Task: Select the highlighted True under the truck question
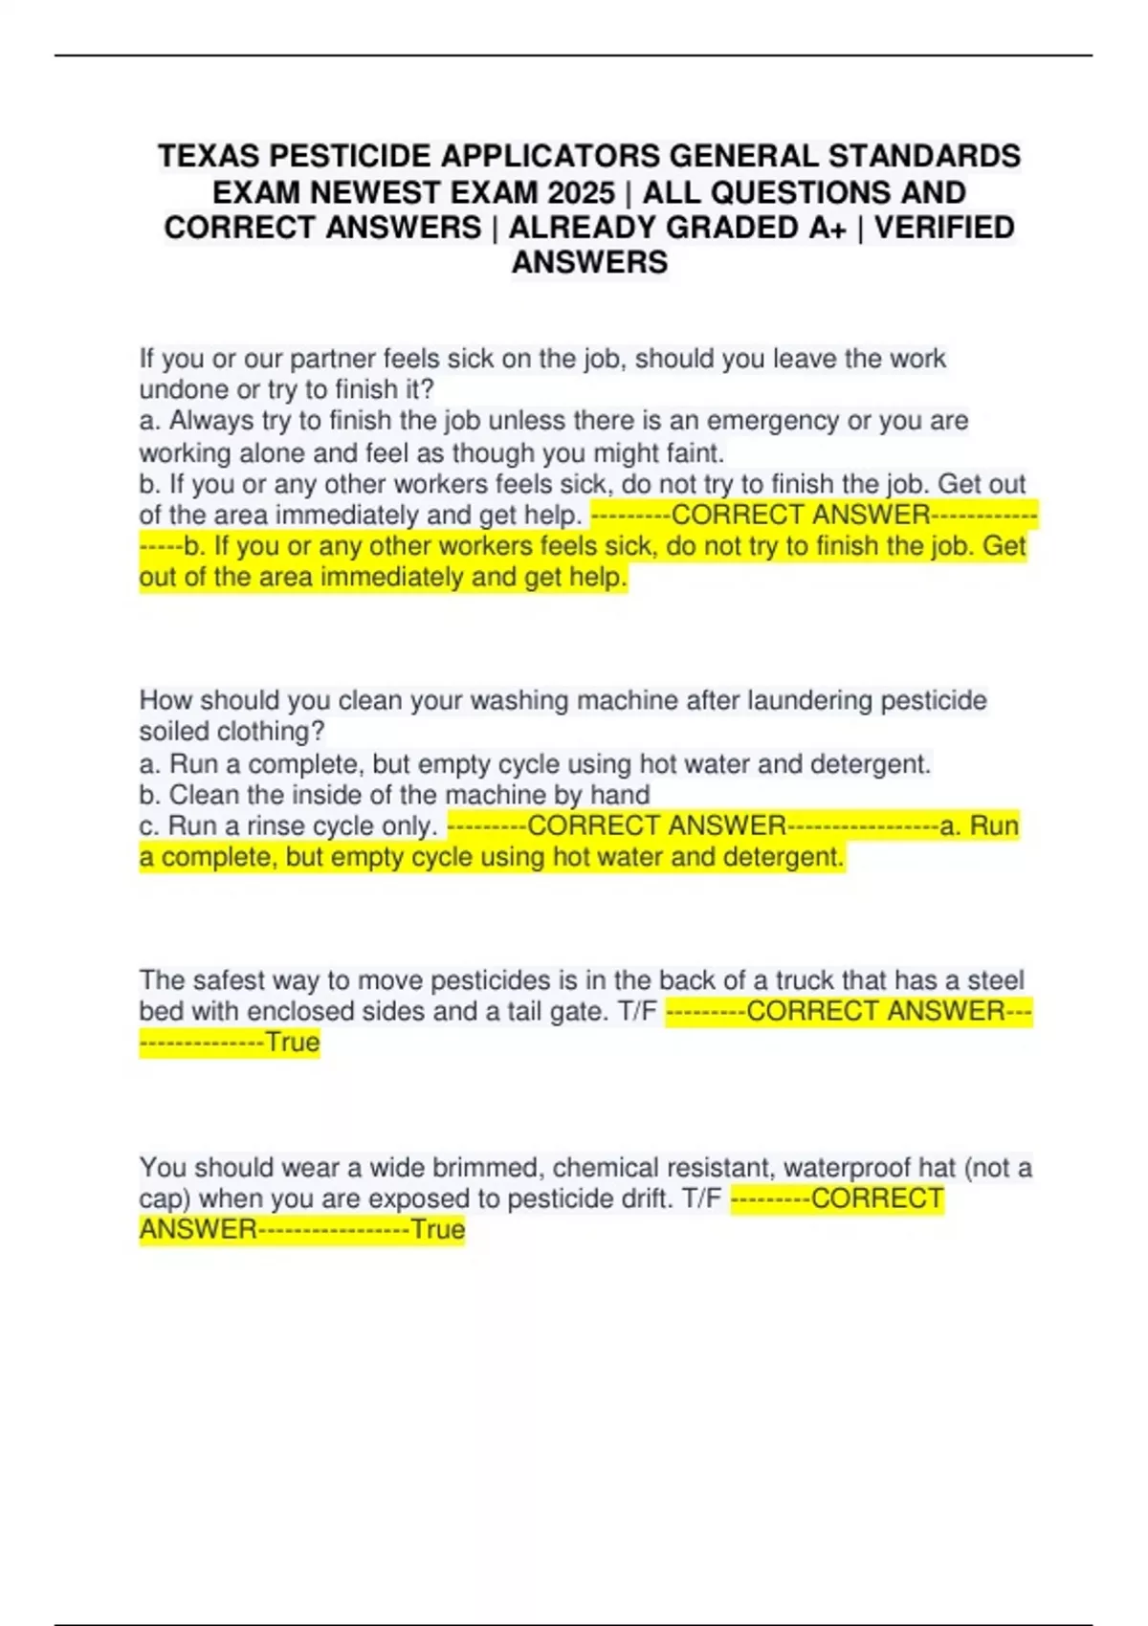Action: (292, 1043)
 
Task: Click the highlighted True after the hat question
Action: (437, 1230)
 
